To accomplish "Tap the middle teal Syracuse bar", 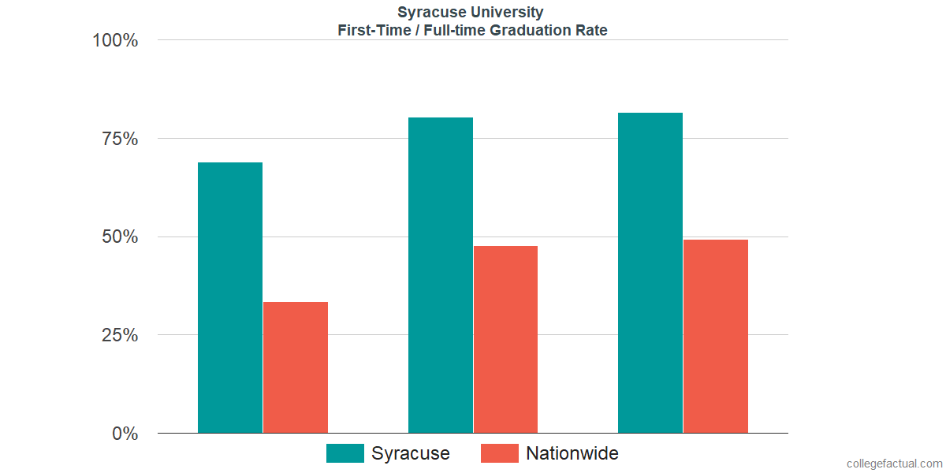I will click(x=440, y=275).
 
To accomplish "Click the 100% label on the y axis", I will click(x=115, y=40).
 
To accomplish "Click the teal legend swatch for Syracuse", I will click(x=345, y=453).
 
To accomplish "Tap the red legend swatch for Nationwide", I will click(x=499, y=453).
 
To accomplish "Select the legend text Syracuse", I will click(x=410, y=453).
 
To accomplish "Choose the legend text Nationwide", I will click(x=572, y=453).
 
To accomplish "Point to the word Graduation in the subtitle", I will click(x=533, y=31).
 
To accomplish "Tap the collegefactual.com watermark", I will click(x=894, y=464).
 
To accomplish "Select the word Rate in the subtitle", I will click(x=592, y=31).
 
